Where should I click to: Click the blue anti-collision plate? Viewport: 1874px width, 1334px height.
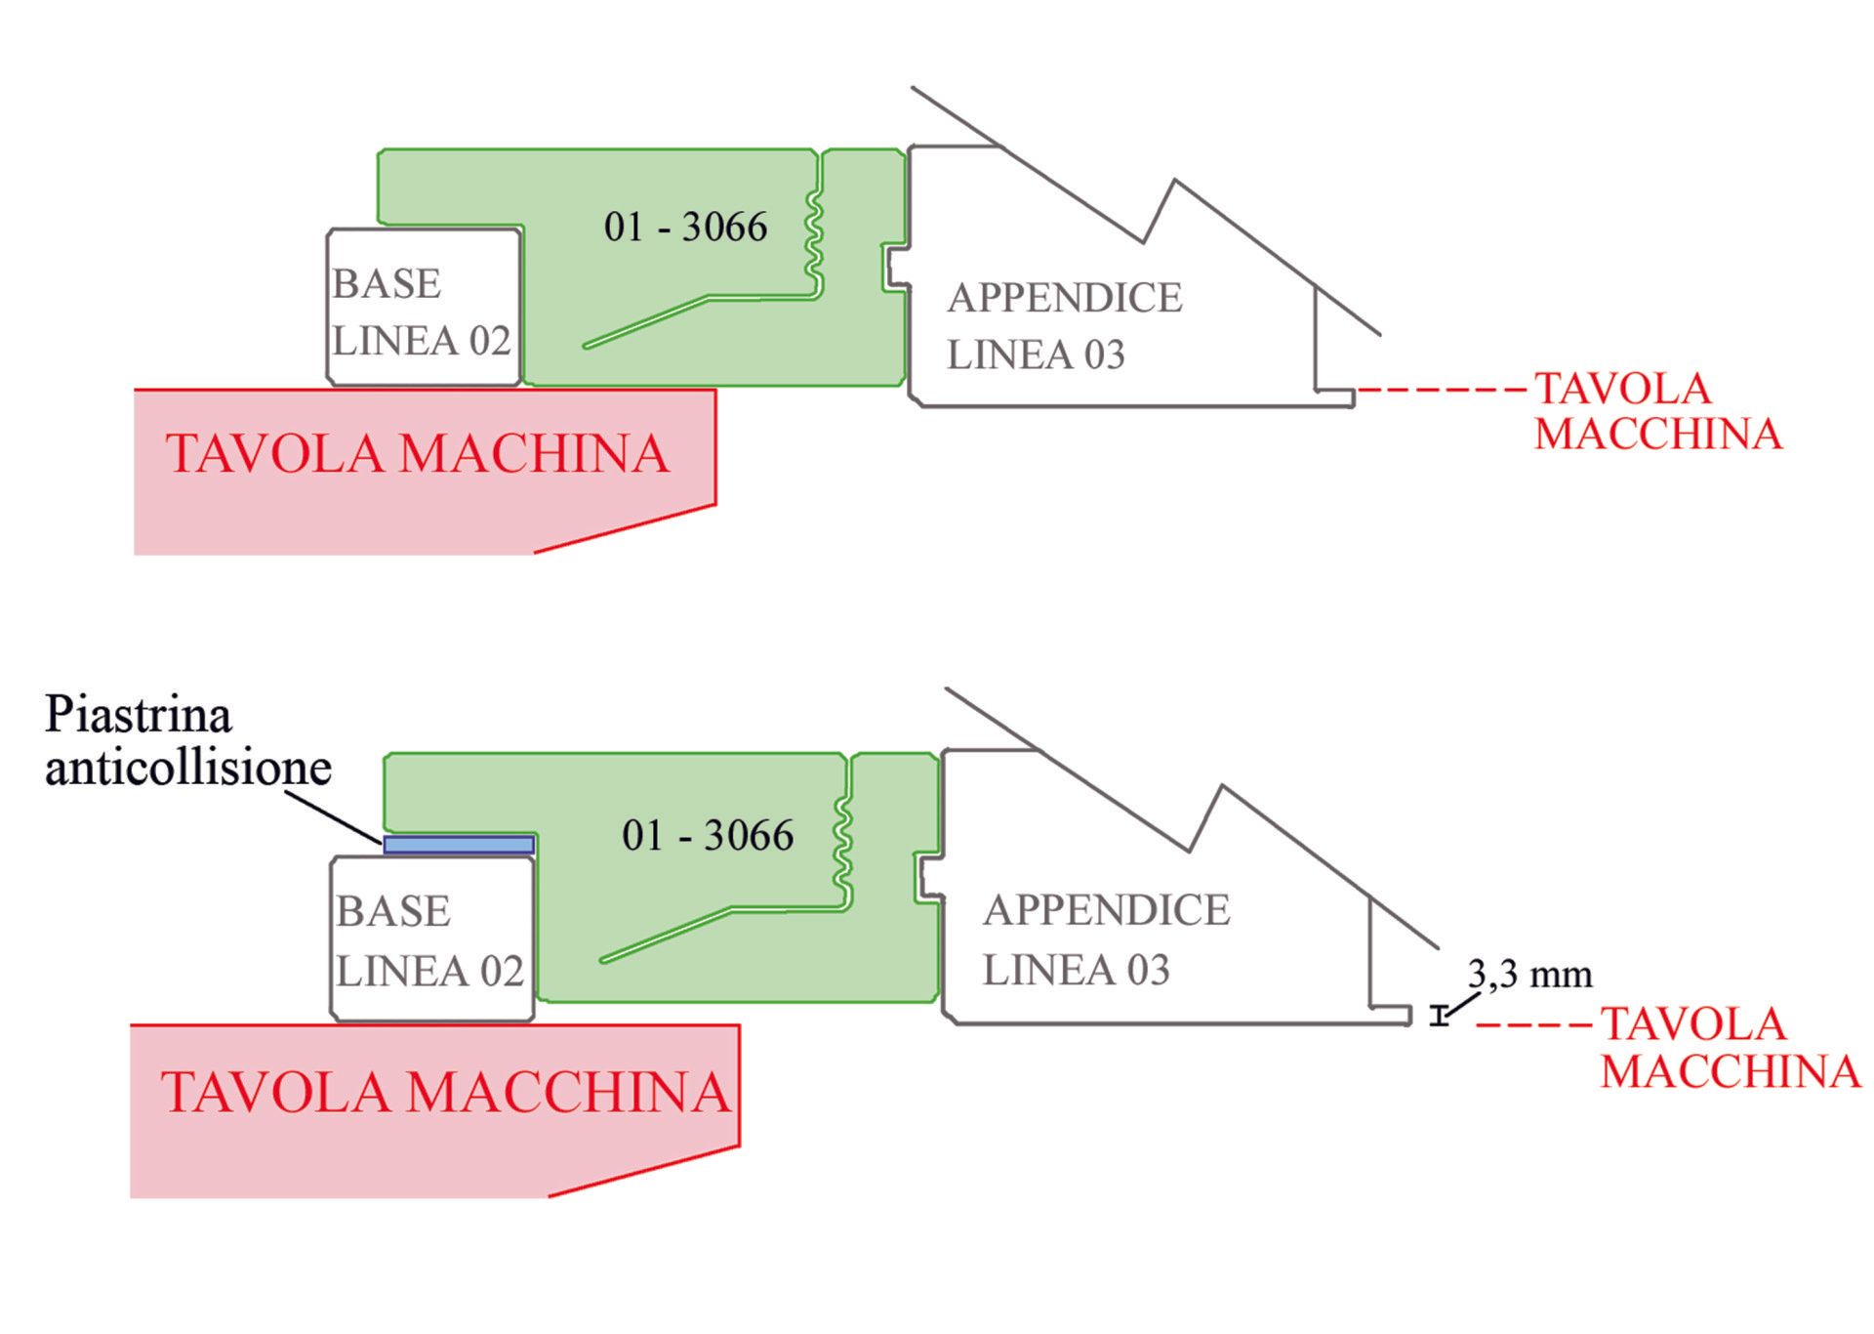tap(459, 845)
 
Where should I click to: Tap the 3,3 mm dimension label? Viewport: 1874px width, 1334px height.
tap(1529, 975)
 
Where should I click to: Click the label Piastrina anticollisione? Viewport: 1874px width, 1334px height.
tap(187, 742)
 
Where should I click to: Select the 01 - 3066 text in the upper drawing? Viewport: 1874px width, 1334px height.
tap(685, 228)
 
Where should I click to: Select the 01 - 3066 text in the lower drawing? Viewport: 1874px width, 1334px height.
tap(708, 836)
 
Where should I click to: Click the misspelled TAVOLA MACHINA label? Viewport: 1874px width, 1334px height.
tap(418, 454)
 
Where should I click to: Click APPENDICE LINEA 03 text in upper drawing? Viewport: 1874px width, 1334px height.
tap(1064, 326)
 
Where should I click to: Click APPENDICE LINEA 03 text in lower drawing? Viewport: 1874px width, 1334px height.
tap(1105, 939)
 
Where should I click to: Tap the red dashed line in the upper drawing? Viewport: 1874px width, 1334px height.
tap(1442, 390)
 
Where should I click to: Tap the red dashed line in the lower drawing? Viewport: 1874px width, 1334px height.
tap(1534, 1025)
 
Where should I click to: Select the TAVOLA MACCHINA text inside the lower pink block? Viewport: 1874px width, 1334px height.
tap(446, 1092)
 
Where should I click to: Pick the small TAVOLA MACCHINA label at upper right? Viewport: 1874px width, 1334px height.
tap(1657, 411)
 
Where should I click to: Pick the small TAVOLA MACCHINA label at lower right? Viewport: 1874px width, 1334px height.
tap(1729, 1048)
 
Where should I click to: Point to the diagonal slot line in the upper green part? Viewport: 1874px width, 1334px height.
tap(646, 321)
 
